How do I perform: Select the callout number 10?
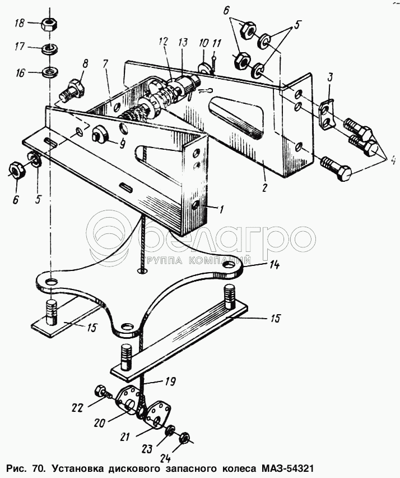(x=202, y=43)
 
